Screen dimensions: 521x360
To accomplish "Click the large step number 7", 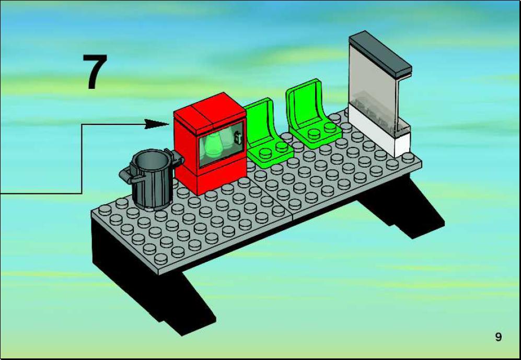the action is (95, 72).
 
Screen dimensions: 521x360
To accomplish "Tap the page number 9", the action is (499, 337).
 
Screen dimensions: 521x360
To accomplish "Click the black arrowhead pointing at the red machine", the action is (157, 124).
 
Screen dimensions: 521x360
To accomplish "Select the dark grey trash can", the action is (152, 179).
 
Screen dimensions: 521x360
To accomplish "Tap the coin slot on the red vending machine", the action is (238, 137).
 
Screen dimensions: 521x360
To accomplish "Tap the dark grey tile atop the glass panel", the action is (380, 53).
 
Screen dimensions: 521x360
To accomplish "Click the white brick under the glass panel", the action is (379, 133).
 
